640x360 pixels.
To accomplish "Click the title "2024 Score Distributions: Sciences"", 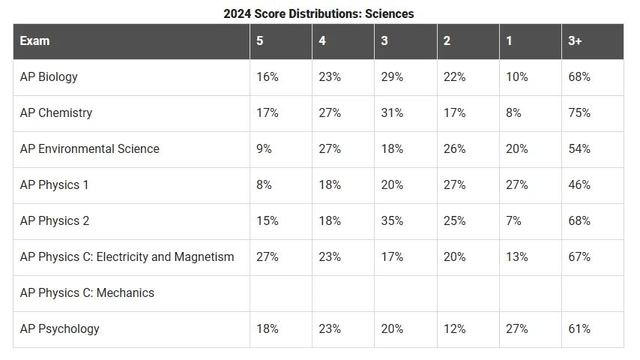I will click(x=319, y=13).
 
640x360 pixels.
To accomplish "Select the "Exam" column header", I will click(x=34, y=41).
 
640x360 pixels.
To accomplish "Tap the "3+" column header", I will click(x=576, y=41).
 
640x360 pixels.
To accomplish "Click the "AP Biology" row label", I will click(x=49, y=77).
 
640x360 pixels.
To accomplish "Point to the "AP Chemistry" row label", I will click(x=56, y=113).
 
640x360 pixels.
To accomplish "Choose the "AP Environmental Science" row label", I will click(x=90, y=149).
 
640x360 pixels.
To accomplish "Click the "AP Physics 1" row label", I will click(x=55, y=185).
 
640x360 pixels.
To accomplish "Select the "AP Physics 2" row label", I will click(x=55, y=221).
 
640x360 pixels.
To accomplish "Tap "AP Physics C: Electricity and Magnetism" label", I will click(x=127, y=257).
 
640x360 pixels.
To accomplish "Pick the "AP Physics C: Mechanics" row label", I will click(x=87, y=293).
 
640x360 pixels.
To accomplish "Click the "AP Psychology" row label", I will click(x=59, y=329).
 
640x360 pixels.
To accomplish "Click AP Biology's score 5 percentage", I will click(x=267, y=77).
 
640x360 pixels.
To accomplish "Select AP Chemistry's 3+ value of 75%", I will click(x=579, y=113).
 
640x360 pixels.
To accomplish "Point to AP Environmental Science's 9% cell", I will click(x=264, y=149).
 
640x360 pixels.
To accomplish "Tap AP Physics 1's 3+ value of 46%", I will click(x=579, y=185).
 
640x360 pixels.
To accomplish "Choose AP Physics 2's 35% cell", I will click(x=392, y=221).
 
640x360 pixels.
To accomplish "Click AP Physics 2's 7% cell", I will click(x=513, y=221).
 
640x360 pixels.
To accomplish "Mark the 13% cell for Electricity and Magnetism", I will click(x=516, y=257).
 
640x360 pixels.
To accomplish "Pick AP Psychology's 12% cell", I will click(x=454, y=329).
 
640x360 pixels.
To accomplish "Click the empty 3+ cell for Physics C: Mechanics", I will click(x=592, y=293).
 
